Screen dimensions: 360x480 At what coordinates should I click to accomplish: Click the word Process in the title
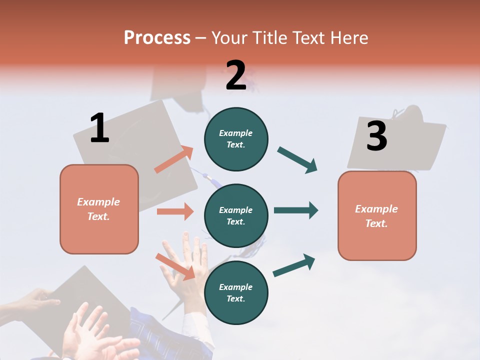[x=157, y=37]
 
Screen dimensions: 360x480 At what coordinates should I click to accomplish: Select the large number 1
[x=99, y=128]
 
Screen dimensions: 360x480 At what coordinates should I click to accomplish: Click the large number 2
[x=236, y=75]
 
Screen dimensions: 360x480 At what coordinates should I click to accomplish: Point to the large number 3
[x=377, y=136]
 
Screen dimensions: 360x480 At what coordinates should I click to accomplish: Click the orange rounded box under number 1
[x=99, y=209]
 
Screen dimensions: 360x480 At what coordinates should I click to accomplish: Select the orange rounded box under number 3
[x=377, y=215]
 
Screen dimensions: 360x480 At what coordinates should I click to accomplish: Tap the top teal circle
[x=236, y=139]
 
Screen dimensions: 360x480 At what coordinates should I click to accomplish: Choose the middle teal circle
[x=236, y=215]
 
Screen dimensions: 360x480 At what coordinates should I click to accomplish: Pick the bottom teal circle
[x=236, y=292]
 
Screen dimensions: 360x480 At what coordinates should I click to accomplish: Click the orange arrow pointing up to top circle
[x=174, y=159]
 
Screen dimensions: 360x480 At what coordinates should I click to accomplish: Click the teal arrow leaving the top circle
[x=297, y=159]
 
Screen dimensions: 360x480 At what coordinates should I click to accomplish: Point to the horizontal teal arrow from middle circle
[x=295, y=210]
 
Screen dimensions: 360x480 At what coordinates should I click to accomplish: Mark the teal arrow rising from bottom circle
[x=294, y=265]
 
